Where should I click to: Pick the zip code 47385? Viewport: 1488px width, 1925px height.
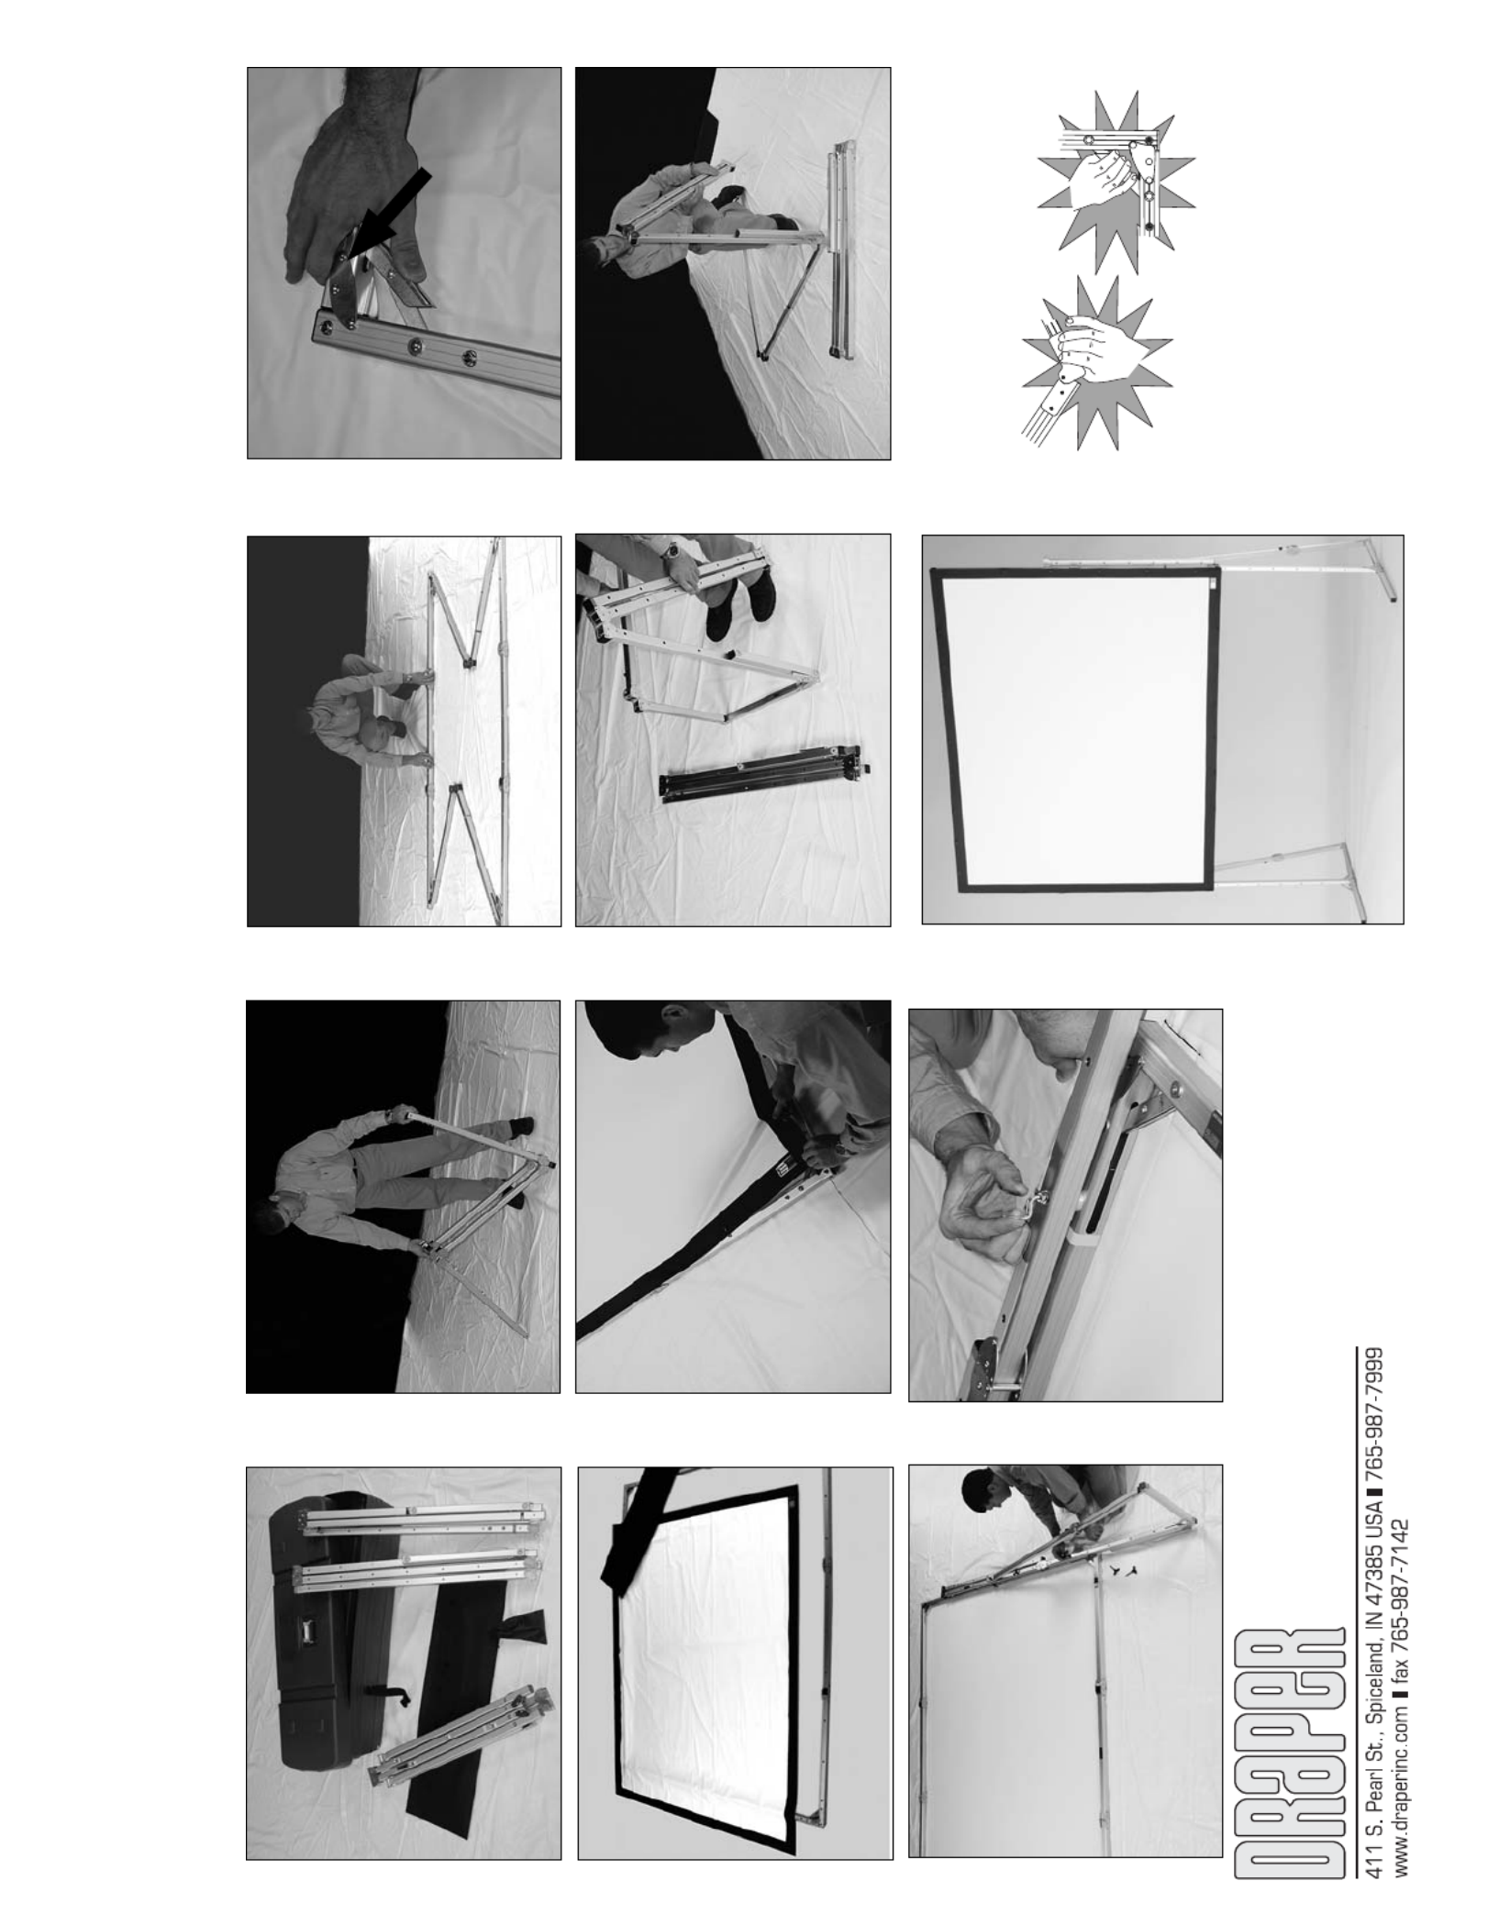pos(1369,1572)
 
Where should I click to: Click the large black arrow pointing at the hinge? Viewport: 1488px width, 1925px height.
pos(387,212)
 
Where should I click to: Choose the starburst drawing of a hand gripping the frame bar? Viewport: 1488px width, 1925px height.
pos(1097,363)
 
